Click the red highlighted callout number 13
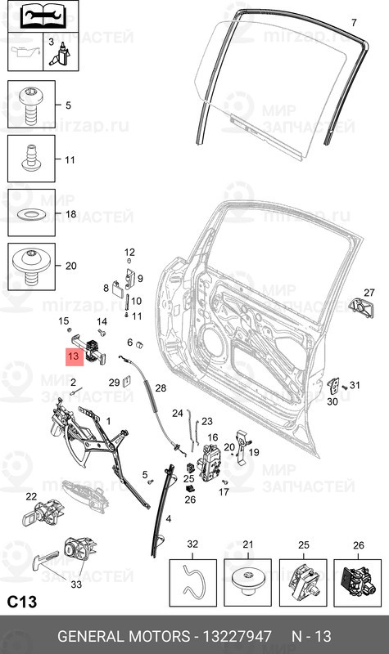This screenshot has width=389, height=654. pos(75,356)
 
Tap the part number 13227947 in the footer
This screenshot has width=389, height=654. pos(237,637)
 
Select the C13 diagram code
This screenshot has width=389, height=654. pos(22,602)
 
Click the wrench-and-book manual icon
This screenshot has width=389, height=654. pos(43,16)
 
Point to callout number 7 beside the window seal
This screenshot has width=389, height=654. pos(354,22)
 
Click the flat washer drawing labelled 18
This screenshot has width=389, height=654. pos(30,214)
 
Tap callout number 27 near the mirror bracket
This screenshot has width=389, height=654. pos(369,293)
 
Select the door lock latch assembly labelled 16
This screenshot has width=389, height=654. pos(210,463)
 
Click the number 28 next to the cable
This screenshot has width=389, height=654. pos(161,388)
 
